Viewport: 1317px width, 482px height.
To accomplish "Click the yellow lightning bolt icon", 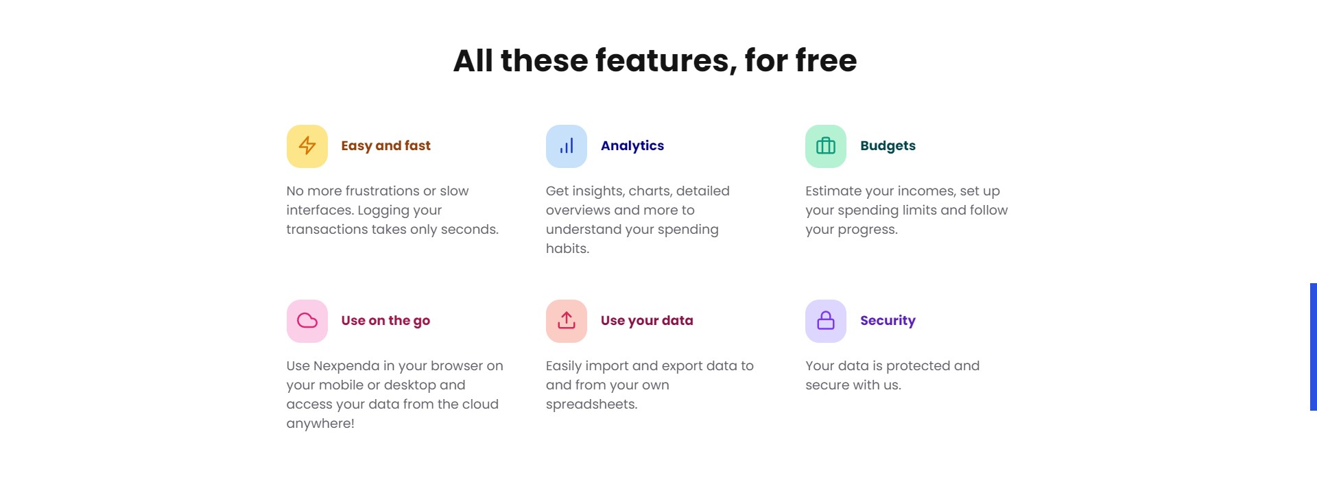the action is pyautogui.click(x=307, y=146).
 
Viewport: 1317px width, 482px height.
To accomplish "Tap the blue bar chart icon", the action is pyautogui.click(x=567, y=146).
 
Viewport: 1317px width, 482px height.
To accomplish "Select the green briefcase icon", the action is pyautogui.click(x=826, y=146).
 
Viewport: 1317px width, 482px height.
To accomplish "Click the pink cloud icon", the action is pyautogui.click(x=307, y=321).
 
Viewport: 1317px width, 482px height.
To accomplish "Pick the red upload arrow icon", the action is pyautogui.click(x=567, y=321).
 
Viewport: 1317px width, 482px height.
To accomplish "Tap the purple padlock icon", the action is pyautogui.click(x=826, y=321).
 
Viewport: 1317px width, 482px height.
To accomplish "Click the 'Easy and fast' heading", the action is pyautogui.click(x=385, y=146).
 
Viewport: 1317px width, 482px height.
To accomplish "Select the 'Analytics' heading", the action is pyautogui.click(x=632, y=146).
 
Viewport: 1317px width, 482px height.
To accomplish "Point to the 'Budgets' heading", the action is pyautogui.click(x=888, y=146).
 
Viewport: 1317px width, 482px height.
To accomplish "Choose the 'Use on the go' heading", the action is pyautogui.click(x=385, y=321).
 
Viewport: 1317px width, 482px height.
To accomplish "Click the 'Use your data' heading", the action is pyautogui.click(x=647, y=321).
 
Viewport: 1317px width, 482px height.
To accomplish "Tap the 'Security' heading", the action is pyautogui.click(x=888, y=321).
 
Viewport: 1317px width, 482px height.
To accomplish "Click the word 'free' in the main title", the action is pyautogui.click(x=826, y=60).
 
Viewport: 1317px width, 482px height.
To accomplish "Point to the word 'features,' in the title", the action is pyautogui.click(x=666, y=61).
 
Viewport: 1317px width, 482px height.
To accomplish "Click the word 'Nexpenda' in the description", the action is pyautogui.click(x=346, y=366).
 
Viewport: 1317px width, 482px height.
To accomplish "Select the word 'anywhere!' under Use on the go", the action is pyautogui.click(x=320, y=424).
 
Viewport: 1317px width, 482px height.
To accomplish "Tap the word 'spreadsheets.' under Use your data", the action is pyautogui.click(x=591, y=405).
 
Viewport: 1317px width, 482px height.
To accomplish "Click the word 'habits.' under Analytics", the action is pyautogui.click(x=567, y=248).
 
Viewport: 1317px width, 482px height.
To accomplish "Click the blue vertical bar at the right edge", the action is pyautogui.click(x=1314, y=347).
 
